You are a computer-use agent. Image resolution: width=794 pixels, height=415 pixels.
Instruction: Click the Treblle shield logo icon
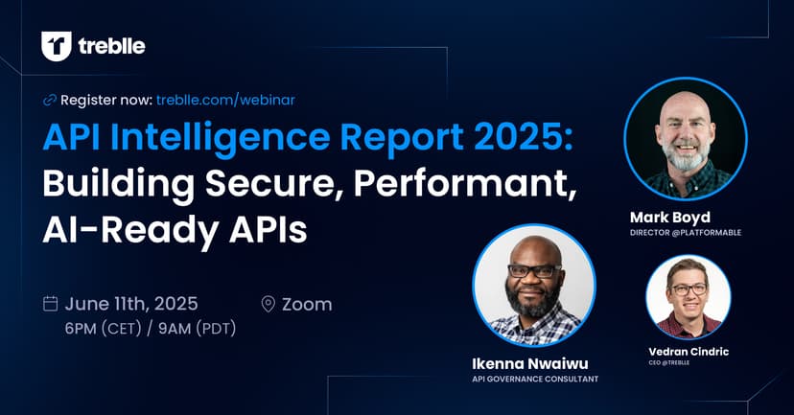57,47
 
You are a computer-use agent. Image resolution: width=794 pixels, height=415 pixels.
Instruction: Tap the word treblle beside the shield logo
111,47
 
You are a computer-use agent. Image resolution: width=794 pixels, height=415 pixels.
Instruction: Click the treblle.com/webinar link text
225,100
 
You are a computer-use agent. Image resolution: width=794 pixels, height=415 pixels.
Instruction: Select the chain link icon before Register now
49,101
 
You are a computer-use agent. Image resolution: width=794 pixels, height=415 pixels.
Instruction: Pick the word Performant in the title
464,184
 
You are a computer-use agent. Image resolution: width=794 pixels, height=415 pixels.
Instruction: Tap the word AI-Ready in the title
130,231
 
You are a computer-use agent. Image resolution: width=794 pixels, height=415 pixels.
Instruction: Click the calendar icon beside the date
50,304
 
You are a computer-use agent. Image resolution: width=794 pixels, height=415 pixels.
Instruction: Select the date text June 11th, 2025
131,304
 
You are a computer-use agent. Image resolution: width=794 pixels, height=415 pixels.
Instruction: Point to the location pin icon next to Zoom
268,304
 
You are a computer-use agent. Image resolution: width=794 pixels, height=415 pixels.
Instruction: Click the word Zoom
307,304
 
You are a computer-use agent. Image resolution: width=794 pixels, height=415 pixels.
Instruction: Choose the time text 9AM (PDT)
197,329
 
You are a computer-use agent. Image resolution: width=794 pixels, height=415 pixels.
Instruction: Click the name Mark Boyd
670,218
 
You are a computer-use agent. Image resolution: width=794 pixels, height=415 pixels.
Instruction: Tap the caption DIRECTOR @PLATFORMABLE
686,233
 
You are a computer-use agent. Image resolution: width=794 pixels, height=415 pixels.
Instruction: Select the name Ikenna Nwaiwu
530,363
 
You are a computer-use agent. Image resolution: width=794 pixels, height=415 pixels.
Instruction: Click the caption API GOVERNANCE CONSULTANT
535,380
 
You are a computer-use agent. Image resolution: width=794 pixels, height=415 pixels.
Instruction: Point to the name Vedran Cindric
689,352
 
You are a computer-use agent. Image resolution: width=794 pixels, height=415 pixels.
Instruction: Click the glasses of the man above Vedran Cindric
689,289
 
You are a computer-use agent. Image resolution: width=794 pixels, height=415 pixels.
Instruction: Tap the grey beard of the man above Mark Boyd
685,156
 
